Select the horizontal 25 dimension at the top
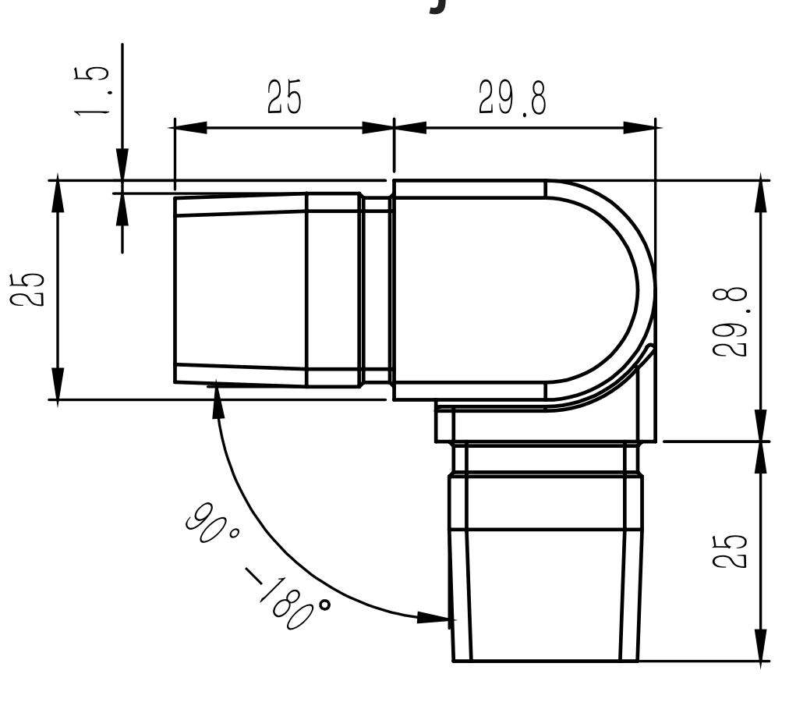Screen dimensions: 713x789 click(282, 98)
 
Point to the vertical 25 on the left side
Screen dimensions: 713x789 click(31, 289)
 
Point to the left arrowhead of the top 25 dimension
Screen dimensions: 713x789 click(191, 127)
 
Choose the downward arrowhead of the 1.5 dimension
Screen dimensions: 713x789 click(122, 165)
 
